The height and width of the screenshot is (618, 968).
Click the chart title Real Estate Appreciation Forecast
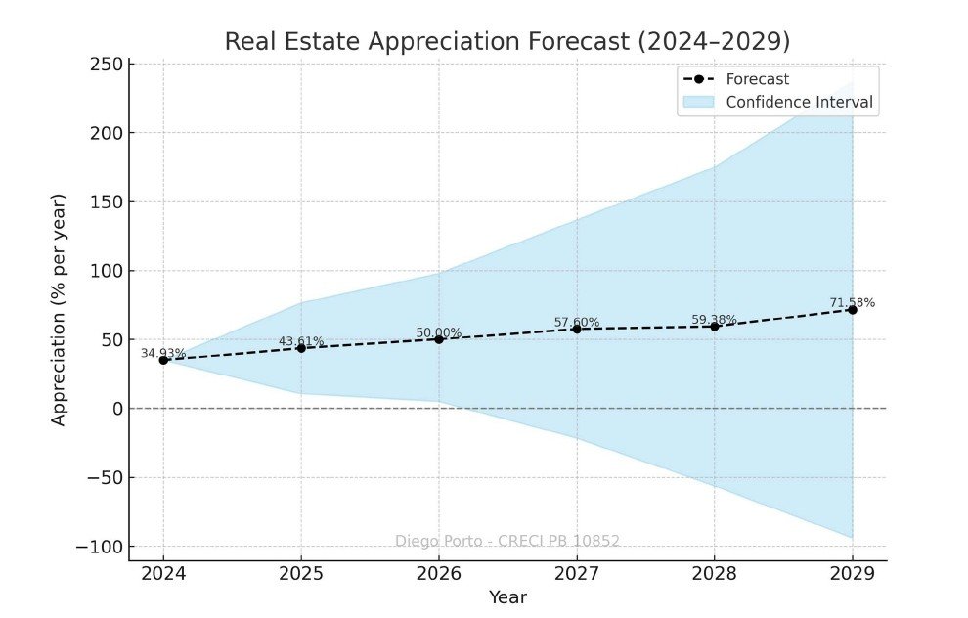[x=506, y=42]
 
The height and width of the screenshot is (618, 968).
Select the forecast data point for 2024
[x=163, y=360]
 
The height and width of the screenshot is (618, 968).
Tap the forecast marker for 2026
[x=439, y=339]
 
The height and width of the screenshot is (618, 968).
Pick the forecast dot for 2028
[x=714, y=326]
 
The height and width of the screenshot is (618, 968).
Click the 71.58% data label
[x=852, y=302]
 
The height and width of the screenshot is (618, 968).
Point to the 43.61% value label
[x=301, y=341]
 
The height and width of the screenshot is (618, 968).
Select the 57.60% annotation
[x=577, y=322]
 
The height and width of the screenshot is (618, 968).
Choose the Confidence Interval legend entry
[x=799, y=102]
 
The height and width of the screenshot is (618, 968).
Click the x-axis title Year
[x=507, y=596]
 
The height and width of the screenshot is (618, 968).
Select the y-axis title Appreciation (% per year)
[x=60, y=309]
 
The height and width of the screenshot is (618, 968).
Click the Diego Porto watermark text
[x=506, y=541]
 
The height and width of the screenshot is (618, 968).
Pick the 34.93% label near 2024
[x=163, y=353]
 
